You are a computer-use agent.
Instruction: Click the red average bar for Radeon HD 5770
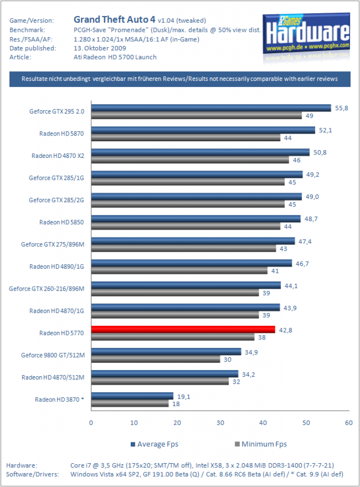(183, 330)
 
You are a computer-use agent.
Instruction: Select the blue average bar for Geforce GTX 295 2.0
(211, 108)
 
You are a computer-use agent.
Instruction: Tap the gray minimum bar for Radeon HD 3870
(130, 403)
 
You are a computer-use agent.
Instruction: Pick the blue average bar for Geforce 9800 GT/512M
(166, 351)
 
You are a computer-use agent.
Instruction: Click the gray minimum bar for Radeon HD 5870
(186, 137)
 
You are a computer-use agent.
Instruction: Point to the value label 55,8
(341, 108)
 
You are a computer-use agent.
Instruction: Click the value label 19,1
(184, 397)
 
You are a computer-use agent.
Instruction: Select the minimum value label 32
(236, 382)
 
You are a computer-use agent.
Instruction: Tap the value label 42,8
(285, 330)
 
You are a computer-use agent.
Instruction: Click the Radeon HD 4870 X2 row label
(58, 156)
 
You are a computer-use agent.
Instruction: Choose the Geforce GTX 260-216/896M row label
(47, 289)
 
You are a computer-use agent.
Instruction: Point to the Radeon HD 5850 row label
(61, 222)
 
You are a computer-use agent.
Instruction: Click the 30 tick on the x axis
(220, 423)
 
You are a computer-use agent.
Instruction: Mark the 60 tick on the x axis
(349, 423)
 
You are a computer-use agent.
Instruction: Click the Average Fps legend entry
(155, 444)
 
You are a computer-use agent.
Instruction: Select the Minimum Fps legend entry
(261, 444)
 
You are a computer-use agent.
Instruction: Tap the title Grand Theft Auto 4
(114, 19)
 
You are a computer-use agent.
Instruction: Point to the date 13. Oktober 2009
(100, 48)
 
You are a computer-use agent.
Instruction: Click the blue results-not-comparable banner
(180, 79)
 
